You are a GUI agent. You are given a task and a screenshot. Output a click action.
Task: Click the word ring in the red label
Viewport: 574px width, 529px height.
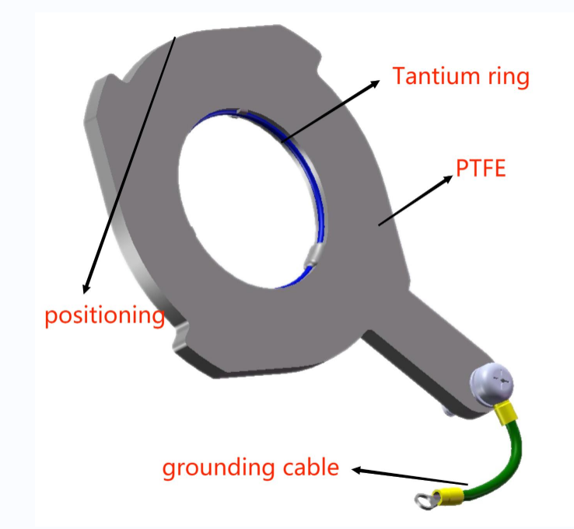pos(509,76)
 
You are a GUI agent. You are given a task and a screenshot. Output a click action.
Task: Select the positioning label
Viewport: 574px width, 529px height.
pos(104,315)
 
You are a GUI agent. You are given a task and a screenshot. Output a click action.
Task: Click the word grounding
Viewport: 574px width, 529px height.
pos(216,468)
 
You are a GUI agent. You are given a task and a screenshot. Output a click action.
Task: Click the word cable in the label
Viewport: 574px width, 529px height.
pos(310,468)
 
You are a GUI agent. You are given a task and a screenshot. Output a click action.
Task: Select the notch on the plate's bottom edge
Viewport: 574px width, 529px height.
pos(179,336)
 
